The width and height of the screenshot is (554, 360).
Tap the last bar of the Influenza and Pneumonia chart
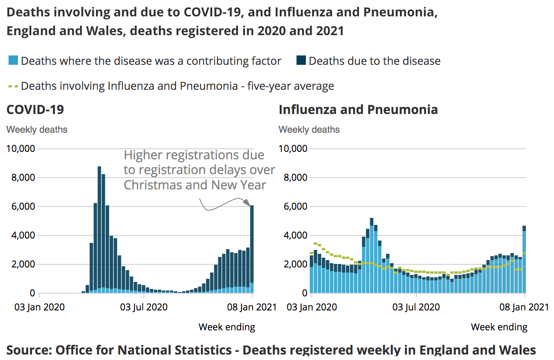click(x=524, y=259)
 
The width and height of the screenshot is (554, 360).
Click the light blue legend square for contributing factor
click(x=13, y=61)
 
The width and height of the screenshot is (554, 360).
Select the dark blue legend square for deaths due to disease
click(x=301, y=61)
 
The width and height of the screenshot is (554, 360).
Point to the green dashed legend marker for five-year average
click(x=13, y=86)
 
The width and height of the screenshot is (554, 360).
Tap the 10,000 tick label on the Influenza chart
click(x=293, y=149)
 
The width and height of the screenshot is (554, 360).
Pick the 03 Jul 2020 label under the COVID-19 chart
click(x=144, y=307)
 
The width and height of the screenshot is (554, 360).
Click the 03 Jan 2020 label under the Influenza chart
click(x=312, y=307)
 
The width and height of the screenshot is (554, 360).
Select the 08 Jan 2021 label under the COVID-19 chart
click(x=252, y=307)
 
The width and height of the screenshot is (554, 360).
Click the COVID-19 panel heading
click(x=35, y=110)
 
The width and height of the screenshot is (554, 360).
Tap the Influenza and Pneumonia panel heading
click(x=358, y=110)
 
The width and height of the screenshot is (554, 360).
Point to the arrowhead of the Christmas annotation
click(x=247, y=202)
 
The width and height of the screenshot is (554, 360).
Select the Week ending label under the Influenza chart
click(x=499, y=327)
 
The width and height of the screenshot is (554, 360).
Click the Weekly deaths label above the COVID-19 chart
click(x=37, y=130)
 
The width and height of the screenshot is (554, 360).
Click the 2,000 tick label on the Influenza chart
click(x=295, y=264)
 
